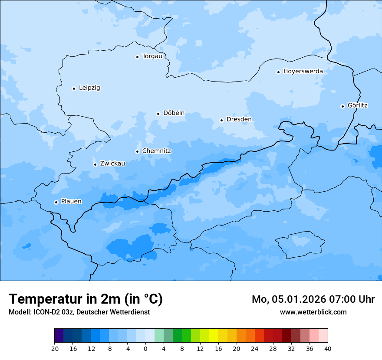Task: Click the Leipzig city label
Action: tap(89, 88)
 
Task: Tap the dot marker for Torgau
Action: tap(137, 57)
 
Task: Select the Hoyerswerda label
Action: tap(303, 72)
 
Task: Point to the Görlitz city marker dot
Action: tap(342, 106)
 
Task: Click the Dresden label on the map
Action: tap(239, 120)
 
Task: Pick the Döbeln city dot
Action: tap(158, 114)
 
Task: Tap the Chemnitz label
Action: tap(156, 151)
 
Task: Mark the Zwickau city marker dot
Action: tap(95, 164)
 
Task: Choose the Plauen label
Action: tap(71, 202)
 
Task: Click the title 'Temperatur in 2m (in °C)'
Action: tap(86, 299)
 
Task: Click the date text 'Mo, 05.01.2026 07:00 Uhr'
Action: tap(313, 299)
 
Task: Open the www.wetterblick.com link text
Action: tap(313, 312)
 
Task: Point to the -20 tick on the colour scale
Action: tap(54, 349)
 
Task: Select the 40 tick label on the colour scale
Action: tap(328, 349)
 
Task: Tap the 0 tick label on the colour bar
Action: tap(145, 349)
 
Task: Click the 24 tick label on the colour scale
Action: tap(255, 349)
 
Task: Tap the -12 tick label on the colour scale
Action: tap(90, 349)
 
